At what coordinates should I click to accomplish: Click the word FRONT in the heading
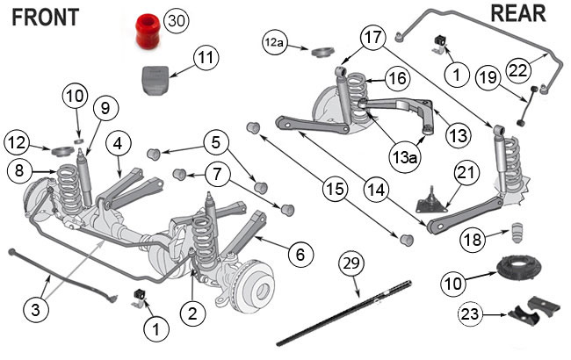click(x=45, y=17)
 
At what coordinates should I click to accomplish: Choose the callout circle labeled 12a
click(x=276, y=41)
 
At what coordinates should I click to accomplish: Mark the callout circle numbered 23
click(x=472, y=313)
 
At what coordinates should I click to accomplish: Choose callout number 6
click(x=299, y=256)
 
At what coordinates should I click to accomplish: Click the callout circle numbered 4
click(x=119, y=141)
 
